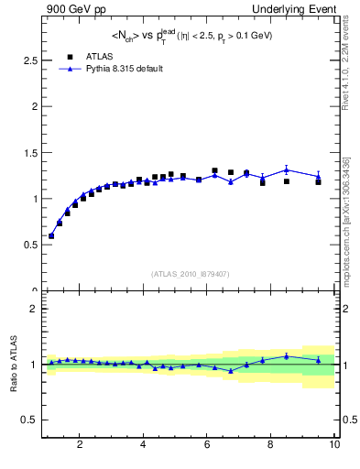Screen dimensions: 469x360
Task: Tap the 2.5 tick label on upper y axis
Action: tap(28, 60)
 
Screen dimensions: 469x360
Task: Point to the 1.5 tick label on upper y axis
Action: tap(28, 152)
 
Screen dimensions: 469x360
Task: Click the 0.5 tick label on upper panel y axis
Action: tap(28, 245)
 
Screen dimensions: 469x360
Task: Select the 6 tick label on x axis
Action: tap(207, 446)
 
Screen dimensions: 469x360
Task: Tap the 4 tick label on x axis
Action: tap(143, 446)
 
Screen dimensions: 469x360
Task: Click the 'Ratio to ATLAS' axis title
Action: tap(12, 365)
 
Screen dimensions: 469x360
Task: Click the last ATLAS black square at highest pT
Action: tap(319, 182)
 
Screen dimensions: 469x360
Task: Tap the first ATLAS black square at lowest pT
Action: tap(51, 235)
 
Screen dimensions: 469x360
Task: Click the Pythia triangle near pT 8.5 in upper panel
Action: tap(287, 169)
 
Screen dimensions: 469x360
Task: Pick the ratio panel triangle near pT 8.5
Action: tap(287, 356)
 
